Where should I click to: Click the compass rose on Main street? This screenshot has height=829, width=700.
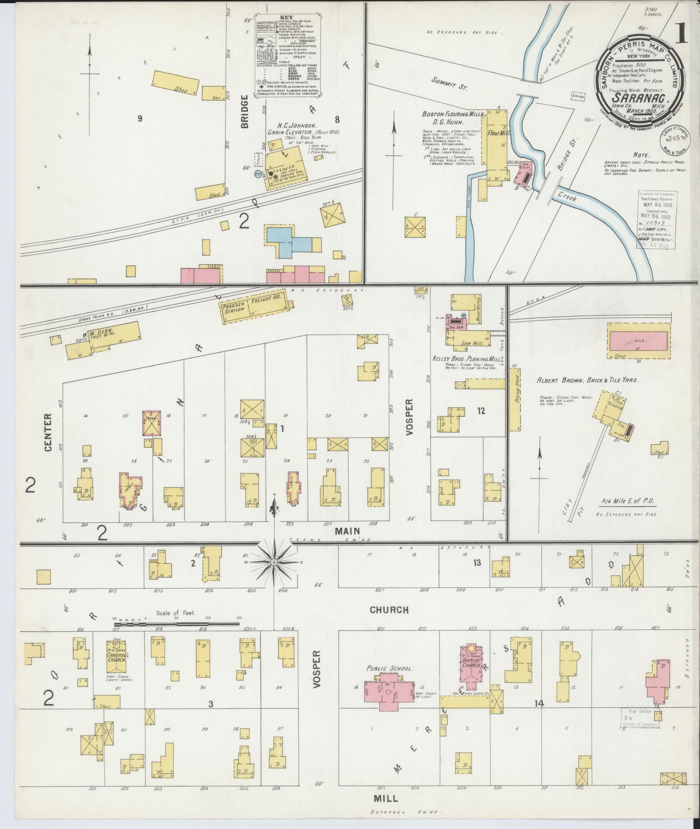[274, 562]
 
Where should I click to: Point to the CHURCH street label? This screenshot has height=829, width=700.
[389, 610]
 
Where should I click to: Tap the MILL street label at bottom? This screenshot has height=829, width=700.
[386, 798]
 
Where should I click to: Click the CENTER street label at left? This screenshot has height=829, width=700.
[47, 432]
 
